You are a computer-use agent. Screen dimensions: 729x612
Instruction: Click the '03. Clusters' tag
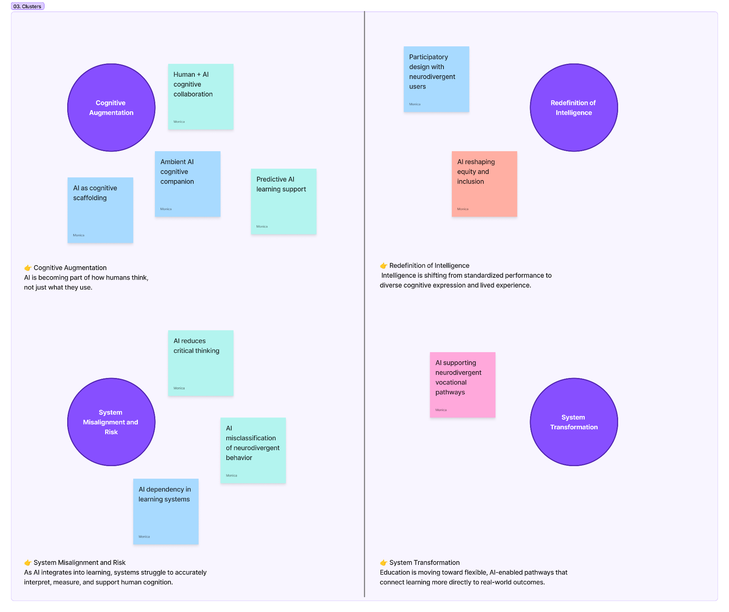tap(27, 6)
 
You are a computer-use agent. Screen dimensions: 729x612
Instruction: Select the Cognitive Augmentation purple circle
tap(111, 108)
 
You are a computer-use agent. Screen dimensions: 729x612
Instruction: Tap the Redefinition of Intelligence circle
tap(574, 108)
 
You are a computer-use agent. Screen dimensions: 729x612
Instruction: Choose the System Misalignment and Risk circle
tap(111, 422)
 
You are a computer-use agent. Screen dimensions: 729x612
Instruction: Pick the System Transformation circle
tap(574, 422)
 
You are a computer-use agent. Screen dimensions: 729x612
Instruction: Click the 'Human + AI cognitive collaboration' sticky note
tap(201, 96)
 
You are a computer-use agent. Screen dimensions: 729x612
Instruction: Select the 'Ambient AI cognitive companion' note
tap(188, 184)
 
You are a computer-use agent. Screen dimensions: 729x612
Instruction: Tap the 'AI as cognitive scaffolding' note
tap(100, 210)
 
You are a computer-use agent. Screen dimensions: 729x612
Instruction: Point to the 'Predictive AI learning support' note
tap(284, 201)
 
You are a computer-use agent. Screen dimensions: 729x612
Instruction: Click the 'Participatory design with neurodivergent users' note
tap(436, 79)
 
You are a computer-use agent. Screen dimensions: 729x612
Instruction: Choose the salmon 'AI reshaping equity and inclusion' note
tap(484, 184)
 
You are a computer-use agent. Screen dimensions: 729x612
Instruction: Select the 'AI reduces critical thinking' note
tap(201, 363)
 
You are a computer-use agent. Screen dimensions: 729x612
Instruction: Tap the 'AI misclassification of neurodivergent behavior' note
tap(253, 451)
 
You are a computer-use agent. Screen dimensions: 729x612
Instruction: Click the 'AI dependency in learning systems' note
tap(166, 511)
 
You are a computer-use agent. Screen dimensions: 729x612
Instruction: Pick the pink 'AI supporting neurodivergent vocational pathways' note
tap(462, 385)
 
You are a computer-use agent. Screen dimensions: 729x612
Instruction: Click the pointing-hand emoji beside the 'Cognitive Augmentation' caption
tap(28, 268)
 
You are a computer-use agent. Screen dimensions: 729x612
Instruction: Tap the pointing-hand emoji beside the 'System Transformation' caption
tap(383, 563)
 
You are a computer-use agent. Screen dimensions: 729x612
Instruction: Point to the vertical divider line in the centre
tap(364, 304)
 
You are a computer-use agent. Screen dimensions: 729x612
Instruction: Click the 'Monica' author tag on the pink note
tap(441, 410)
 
